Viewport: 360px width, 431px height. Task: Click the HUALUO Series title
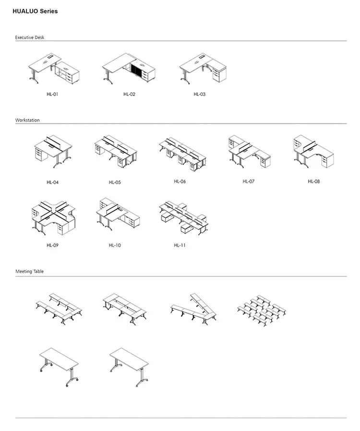click(x=35, y=11)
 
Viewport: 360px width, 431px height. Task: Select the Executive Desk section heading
click(x=29, y=37)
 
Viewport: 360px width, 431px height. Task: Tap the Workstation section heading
click(x=27, y=120)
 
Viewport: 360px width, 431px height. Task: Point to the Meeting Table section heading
click(x=29, y=272)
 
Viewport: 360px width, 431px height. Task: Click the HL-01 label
click(x=52, y=94)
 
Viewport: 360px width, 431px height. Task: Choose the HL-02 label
click(x=130, y=94)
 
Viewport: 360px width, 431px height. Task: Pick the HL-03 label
click(x=200, y=94)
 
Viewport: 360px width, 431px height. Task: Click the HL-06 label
click(x=180, y=181)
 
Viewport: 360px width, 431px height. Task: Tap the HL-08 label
click(x=313, y=181)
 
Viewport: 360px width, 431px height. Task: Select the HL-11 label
click(x=180, y=245)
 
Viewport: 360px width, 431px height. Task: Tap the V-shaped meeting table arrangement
click(x=194, y=308)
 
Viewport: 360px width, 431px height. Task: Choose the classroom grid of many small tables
click(x=262, y=310)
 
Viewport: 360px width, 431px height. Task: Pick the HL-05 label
click(x=115, y=182)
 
